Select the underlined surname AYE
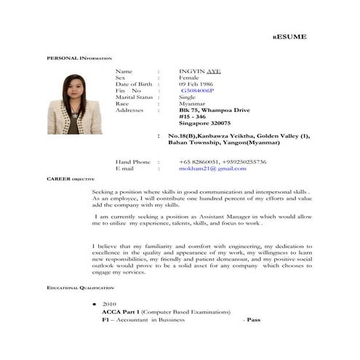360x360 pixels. [x=215, y=71]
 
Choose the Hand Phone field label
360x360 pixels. [x=132, y=161]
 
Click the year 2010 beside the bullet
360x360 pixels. [x=109, y=303]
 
